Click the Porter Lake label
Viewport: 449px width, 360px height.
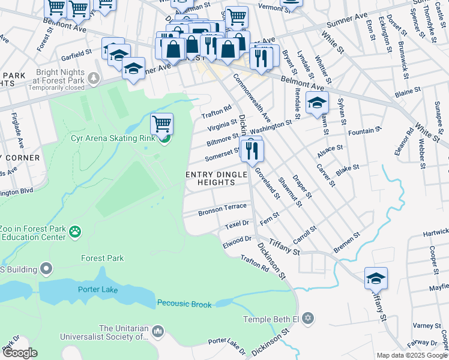(97, 290)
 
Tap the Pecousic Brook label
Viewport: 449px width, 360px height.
(184, 304)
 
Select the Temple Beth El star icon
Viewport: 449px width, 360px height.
(308, 317)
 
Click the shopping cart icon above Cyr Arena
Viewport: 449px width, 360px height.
(161, 124)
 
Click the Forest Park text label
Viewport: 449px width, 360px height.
(103, 258)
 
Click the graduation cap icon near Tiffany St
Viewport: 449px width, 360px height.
(376, 278)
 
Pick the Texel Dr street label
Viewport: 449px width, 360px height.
(237, 224)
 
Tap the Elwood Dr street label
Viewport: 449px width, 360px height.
(237, 239)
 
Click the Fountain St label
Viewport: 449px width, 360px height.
(364, 130)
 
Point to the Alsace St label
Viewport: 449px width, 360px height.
(330, 148)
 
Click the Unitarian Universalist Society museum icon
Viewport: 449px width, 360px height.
(158, 331)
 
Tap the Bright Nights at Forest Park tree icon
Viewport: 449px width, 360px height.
(93, 77)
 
